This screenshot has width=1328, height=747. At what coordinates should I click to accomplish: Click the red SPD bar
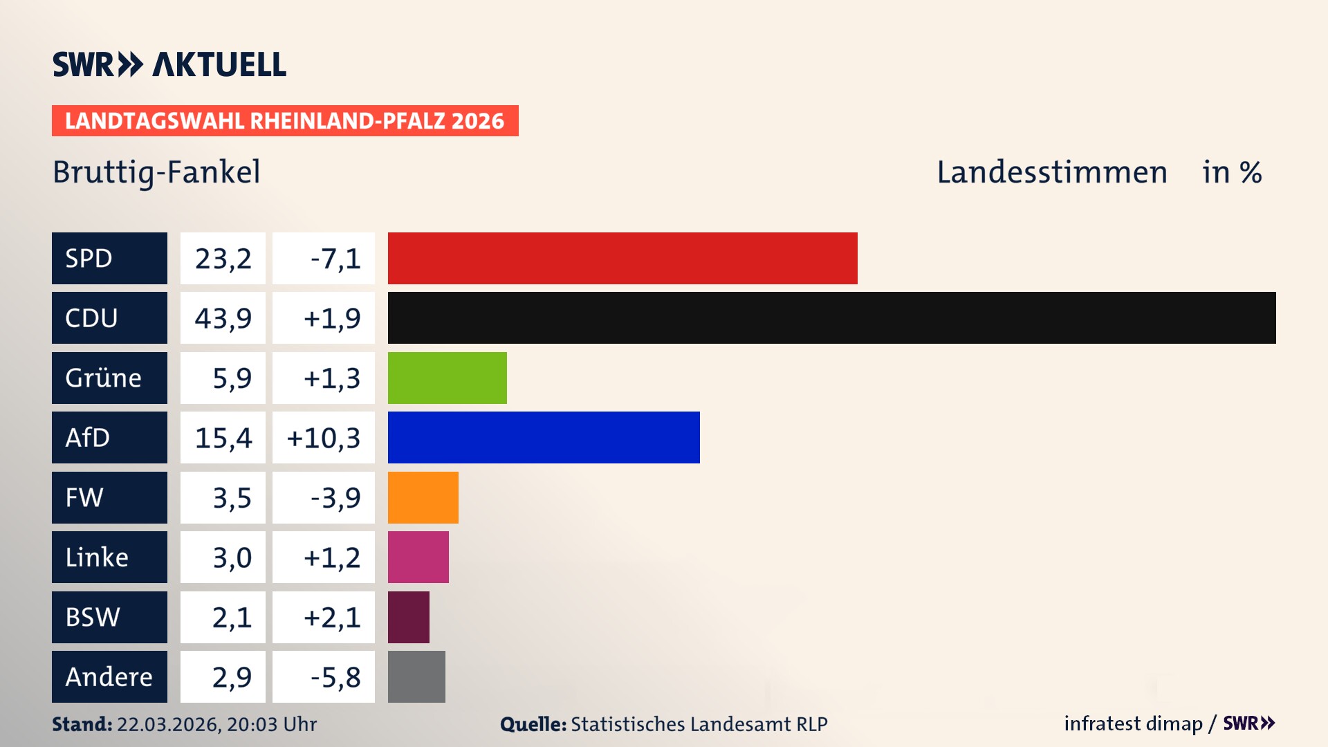coord(622,258)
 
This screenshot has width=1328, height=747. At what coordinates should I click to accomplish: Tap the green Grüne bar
coord(447,378)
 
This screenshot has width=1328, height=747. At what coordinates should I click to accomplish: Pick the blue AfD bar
coord(544,437)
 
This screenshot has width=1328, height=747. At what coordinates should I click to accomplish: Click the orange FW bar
coord(423,497)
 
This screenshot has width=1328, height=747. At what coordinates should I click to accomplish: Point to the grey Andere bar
coord(416,676)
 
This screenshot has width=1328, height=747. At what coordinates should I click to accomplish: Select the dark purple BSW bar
coord(408,617)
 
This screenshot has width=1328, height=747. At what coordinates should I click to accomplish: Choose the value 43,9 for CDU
coord(223,318)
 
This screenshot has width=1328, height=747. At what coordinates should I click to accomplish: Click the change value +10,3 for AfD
coord(324,438)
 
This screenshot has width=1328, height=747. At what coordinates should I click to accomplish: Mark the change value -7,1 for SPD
coord(335,259)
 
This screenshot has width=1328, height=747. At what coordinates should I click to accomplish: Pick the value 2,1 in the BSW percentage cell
coord(232,617)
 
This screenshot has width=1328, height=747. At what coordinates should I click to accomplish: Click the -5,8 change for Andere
coord(335,677)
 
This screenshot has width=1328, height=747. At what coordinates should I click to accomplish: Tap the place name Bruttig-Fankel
coord(156,172)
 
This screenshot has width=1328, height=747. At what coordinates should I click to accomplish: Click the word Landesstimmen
coord(1051,172)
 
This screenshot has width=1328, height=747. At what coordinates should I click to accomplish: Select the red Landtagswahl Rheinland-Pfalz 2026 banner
coord(285,121)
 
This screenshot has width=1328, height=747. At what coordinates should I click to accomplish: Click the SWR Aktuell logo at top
coord(169,64)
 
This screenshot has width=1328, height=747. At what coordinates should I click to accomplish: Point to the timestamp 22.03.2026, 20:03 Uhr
coord(216,724)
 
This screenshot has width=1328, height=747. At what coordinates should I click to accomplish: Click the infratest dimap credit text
coord(1133,723)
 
